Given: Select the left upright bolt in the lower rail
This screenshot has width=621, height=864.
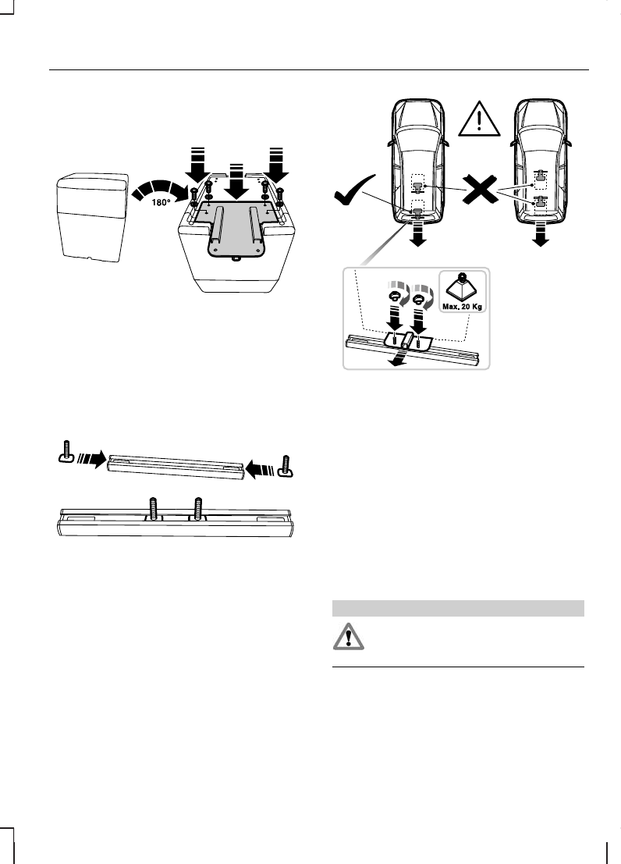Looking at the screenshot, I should click(x=154, y=508).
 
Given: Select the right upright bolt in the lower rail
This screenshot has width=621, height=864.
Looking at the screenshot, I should click(x=198, y=508).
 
